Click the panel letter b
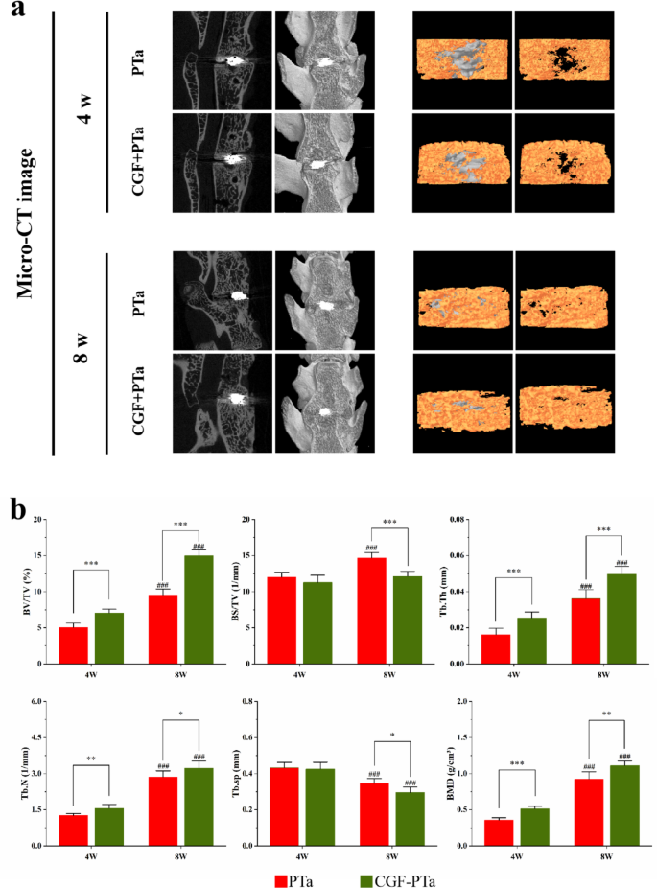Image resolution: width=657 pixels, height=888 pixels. (x=17, y=507)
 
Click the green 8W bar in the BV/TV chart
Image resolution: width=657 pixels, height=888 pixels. (x=199, y=609)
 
